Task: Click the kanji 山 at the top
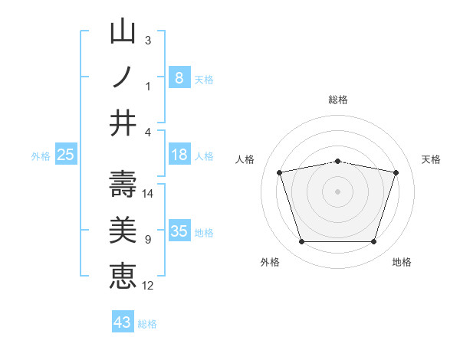pyautogui.click(x=123, y=34)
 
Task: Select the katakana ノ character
pyautogui.click(x=123, y=78)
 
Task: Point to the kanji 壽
pyautogui.click(x=123, y=184)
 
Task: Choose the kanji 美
pyautogui.click(x=123, y=231)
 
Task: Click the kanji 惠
pyautogui.click(x=123, y=276)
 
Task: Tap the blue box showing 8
pyautogui.click(x=179, y=77)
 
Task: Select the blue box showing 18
pyautogui.click(x=179, y=155)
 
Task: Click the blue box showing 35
pyautogui.click(x=179, y=231)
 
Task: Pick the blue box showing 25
pyautogui.click(x=65, y=155)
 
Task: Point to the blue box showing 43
pyautogui.click(x=123, y=322)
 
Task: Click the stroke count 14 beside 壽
pyautogui.click(x=148, y=194)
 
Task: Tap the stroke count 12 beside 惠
pyautogui.click(x=148, y=286)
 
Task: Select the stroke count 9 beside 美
pyautogui.click(x=148, y=240)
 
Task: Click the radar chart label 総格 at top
pyautogui.click(x=338, y=100)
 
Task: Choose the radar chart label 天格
pyautogui.click(x=432, y=159)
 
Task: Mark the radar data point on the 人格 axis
pyautogui.click(x=280, y=173)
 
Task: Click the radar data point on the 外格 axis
pyautogui.click(x=301, y=242)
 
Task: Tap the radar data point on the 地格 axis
pyautogui.click(x=374, y=242)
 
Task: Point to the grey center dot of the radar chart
pyautogui.click(x=338, y=191)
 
